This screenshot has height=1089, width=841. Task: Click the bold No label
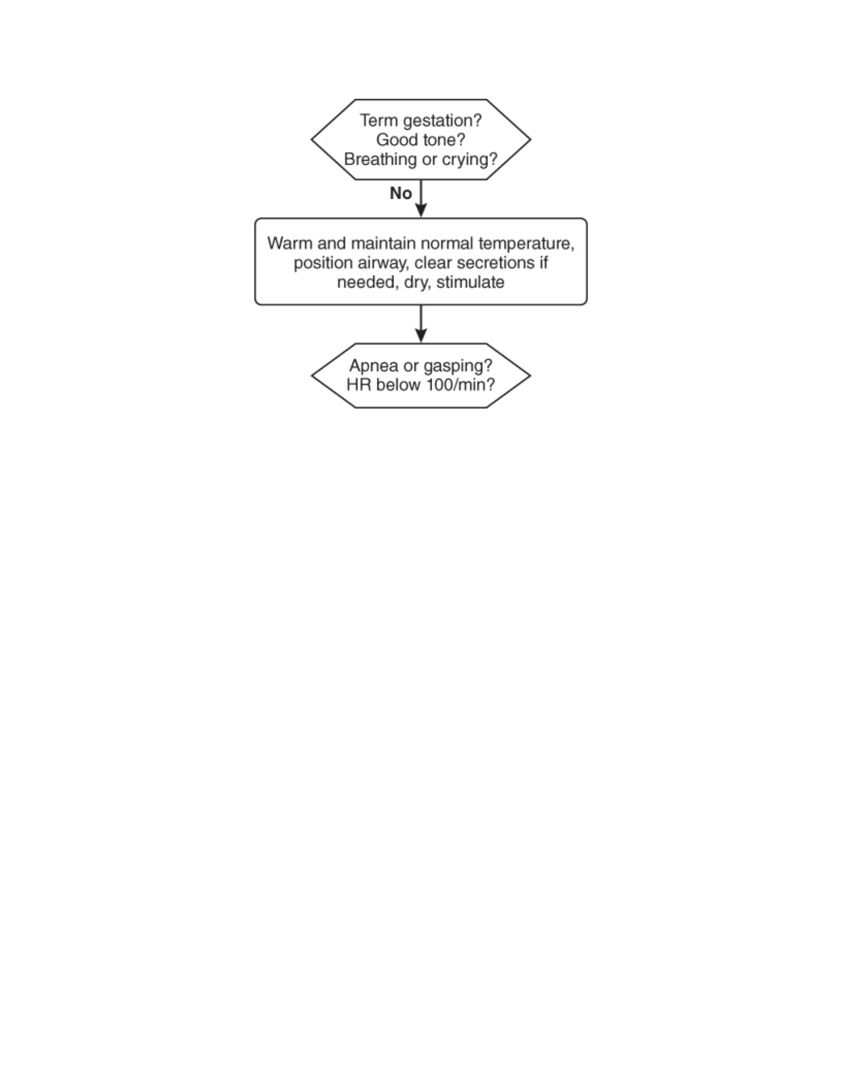pos(401,193)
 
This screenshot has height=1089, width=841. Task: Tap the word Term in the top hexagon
pos(379,121)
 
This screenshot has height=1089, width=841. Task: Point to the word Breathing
pos(380,159)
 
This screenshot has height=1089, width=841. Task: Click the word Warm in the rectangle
pos(290,243)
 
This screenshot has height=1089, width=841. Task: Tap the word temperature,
pos(526,244)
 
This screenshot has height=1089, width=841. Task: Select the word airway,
pos(382,263)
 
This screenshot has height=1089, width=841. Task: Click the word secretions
pos(495,263)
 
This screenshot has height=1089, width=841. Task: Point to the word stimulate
pos(470,282)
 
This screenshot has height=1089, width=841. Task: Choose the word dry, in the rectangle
pos(417,283)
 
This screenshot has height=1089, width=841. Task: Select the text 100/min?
pos(460,385)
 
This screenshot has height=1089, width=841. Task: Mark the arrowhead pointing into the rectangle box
pos(421,210)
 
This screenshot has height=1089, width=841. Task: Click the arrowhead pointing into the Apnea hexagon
pos(421,336)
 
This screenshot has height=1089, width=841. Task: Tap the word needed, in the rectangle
pos(368,283)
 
